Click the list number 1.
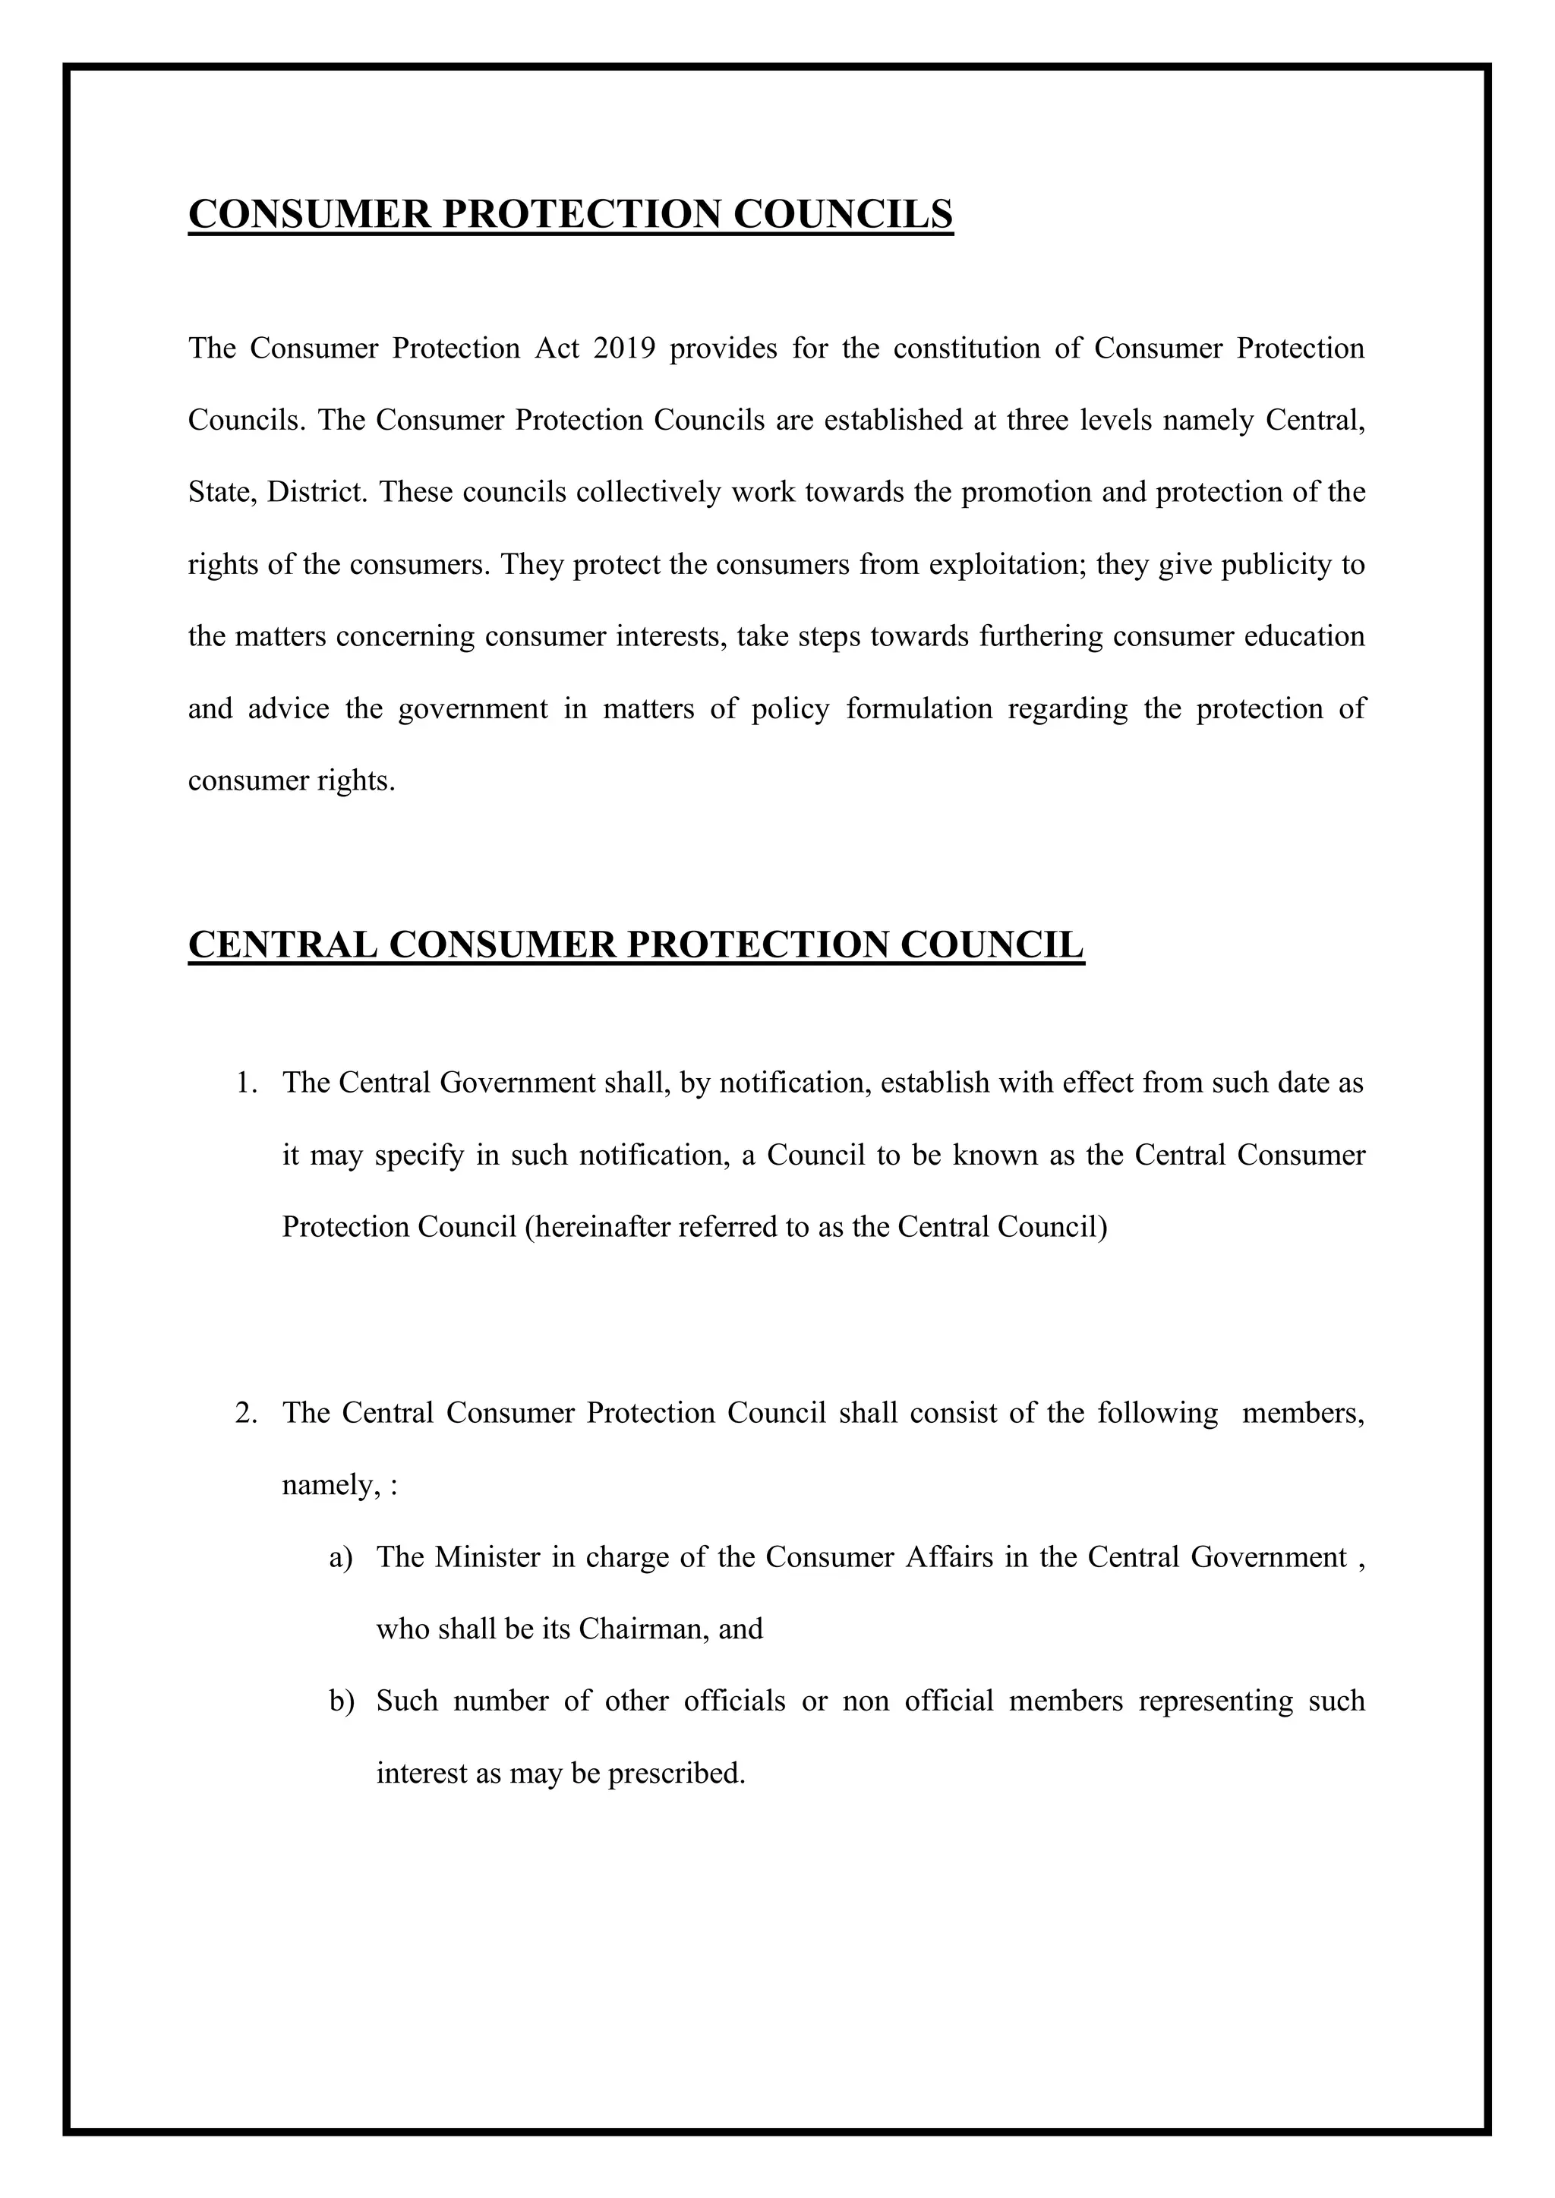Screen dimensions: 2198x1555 [x=246, y=1083]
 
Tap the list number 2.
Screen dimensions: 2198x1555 [x=246, y=1413]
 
